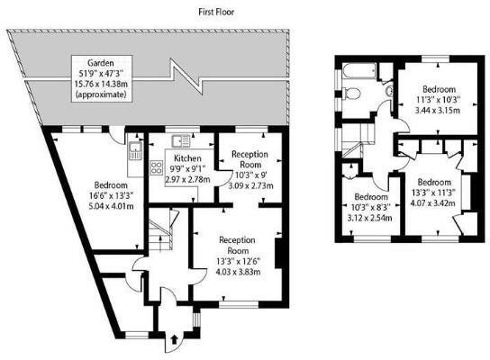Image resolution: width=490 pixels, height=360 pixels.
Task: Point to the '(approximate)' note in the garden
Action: [99, 94]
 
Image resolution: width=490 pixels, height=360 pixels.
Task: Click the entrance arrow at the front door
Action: [173, 341]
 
